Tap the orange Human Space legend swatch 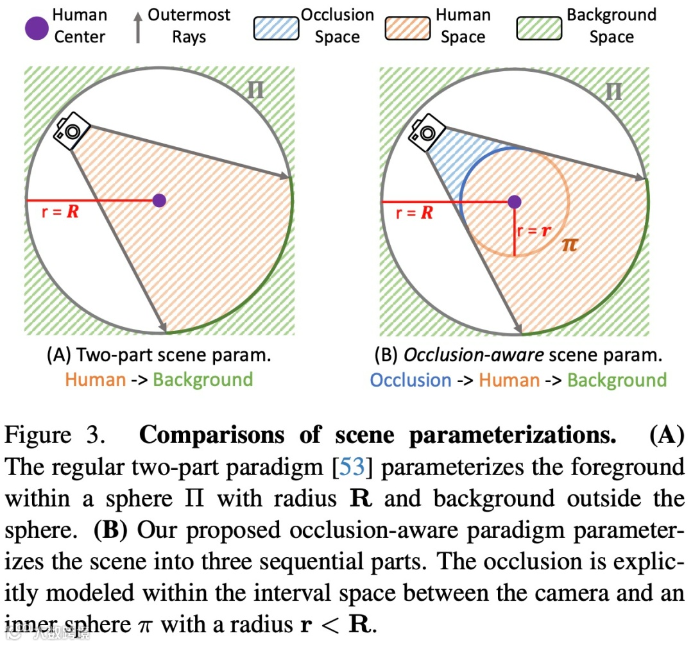coord(409,28)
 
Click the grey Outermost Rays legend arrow coord(138,26)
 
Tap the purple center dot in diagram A coord(160,200)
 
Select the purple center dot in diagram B coord(514,202)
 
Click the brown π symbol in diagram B coord(569,244)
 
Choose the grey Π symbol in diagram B coord(613,92)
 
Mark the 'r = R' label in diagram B coord(415,212)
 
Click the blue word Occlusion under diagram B coord(411,380)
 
